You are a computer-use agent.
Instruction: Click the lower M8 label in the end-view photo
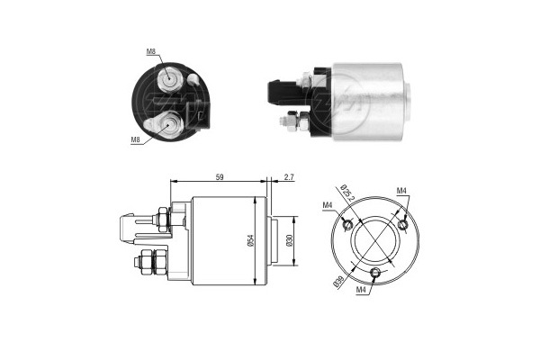pyautogui.click(x=136, y=140)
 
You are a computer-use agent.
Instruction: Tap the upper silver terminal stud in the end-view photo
pyautogui.click(x=168, y=79)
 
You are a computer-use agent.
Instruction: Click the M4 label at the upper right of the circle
pyautogui.click(x=402, y=191)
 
